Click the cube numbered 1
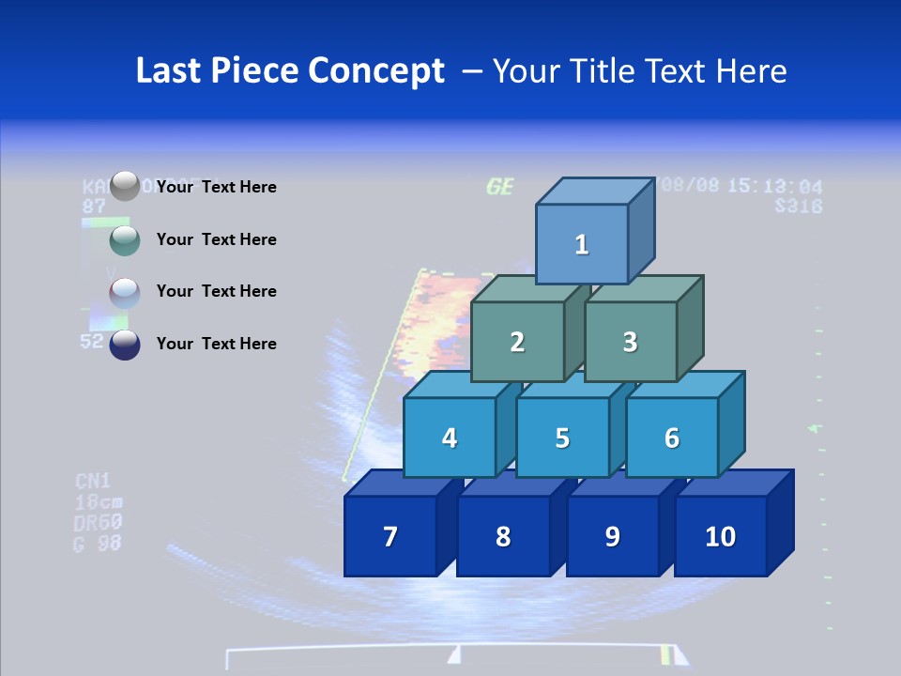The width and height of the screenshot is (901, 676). tap(582, 244)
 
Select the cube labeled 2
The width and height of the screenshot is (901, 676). tap(517, 342)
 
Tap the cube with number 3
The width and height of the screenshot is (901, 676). tap(630, 342)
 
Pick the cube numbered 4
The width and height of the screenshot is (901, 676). tap(450, 438)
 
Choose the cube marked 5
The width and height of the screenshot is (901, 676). tap(562, 438)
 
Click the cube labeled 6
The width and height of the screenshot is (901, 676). tap(672, 438)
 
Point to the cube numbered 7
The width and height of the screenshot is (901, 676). tap(390, 536)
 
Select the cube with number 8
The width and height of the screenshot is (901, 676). tap(503, 536)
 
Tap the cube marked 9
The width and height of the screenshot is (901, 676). tap(613, 536)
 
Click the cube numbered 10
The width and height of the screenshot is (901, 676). tap(721, 536)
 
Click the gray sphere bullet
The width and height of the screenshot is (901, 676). tap(125, 187)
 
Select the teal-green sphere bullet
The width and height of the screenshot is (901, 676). tap(125, 240)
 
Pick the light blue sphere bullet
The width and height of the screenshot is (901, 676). tap(125, 293)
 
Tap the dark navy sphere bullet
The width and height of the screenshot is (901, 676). tap(125, 345)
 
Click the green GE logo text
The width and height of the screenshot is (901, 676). tap(500, 187)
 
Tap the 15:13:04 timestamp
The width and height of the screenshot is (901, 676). tap(775, 186)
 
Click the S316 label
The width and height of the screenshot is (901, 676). tap(799, 207)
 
